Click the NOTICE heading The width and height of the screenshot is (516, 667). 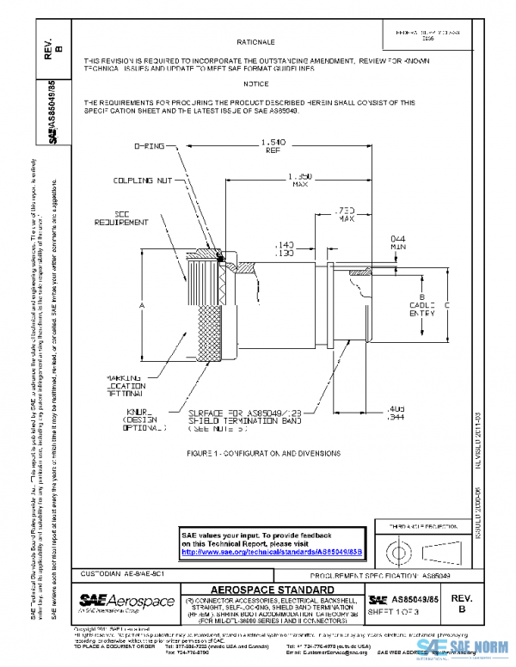(x=255, y=83)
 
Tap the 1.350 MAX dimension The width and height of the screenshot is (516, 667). (x=299, y=180)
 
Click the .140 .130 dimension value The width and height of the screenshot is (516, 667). (x=286, y=249)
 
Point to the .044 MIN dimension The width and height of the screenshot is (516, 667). (x=397, y=242)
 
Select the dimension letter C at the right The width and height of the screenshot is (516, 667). (x=447, y=305)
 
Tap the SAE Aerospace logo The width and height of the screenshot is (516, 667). (x=123, y=601)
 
